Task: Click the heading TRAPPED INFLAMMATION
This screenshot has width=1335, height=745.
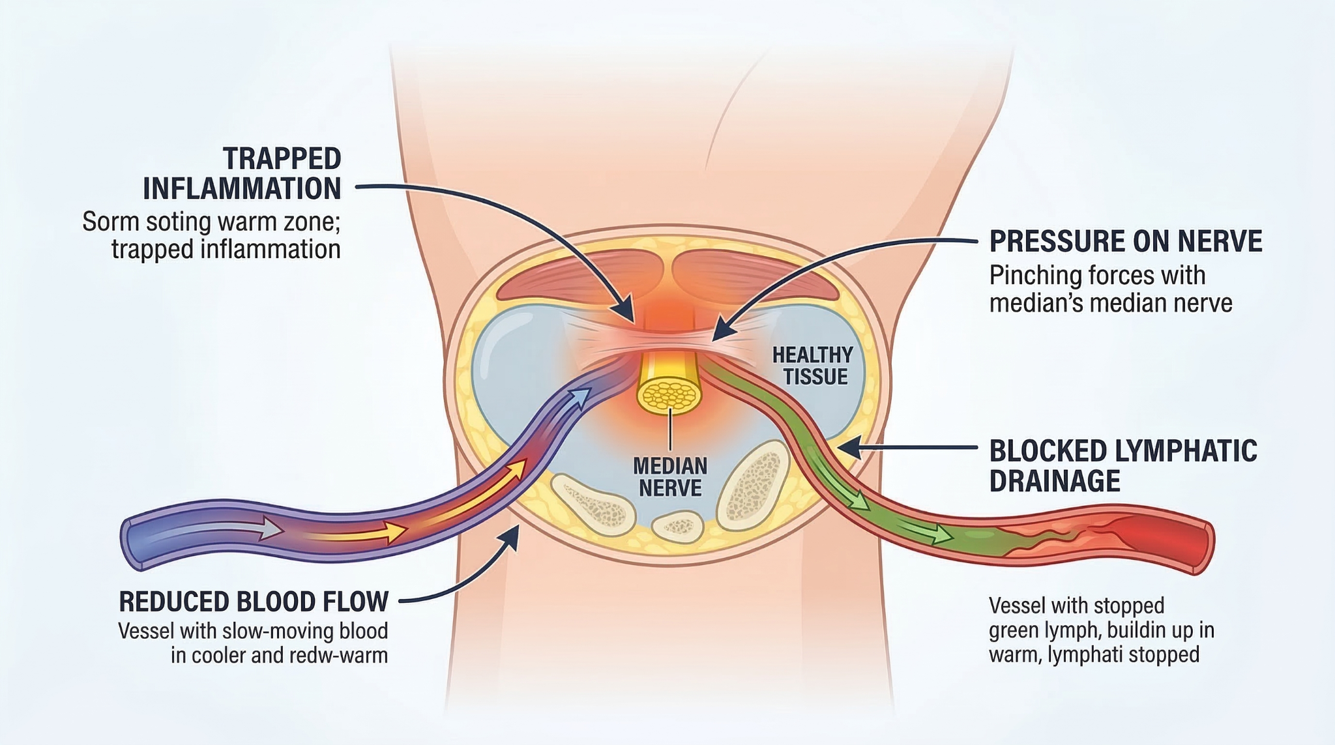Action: point(242,174)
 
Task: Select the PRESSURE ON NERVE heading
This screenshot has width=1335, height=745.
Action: point(1125,241)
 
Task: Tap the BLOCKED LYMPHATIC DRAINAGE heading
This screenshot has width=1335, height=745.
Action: point(1122,466)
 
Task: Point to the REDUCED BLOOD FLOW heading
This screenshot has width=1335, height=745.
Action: point(254,602)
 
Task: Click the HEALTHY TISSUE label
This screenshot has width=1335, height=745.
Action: point(812,366)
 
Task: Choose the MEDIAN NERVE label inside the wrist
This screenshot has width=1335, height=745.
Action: point(670,477)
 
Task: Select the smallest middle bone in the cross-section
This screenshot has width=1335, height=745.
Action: point(678,525)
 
